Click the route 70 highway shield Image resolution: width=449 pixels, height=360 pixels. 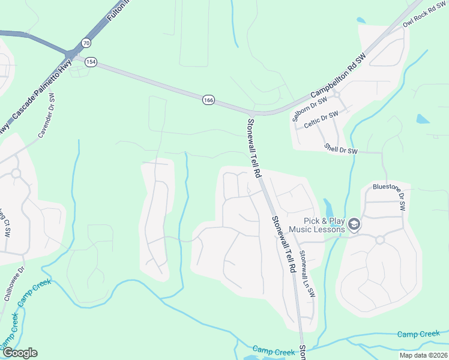pos(86,43)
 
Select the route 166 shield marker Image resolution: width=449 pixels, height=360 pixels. pos(208,100)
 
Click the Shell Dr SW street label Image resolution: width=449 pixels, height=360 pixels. pos(340,149)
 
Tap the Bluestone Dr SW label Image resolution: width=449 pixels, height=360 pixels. pos(390,195)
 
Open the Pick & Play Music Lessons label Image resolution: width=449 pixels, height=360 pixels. pos(316,225)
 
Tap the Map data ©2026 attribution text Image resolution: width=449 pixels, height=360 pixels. pos(424,355)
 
